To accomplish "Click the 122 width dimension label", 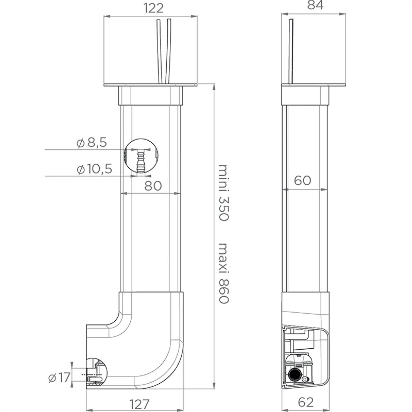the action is [x=153, y=8].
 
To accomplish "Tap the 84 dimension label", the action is [x=315, y=5].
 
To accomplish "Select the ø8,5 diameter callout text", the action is [x=92, y=142].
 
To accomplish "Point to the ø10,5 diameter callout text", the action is [x=95, y=169].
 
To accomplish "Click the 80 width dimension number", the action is [x=153, y=186].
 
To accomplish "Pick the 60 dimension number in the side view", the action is [x=303, y=181].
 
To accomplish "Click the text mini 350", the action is [x=224, y=193].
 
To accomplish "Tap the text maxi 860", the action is [x=224, y=273].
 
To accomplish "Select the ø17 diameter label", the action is [x=59, y=378].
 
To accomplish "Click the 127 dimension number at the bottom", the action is [x=139, y=404].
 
